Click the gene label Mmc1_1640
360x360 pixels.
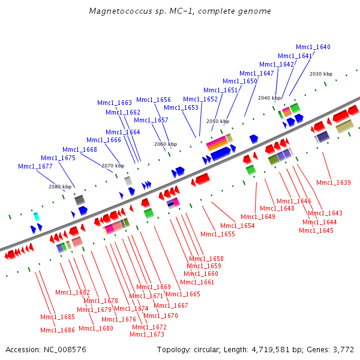point(313,47)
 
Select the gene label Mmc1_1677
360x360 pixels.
point(35,166)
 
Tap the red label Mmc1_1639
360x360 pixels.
point(333,182)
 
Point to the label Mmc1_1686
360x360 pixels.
point(58,330)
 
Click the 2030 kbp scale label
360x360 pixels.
point(321,74)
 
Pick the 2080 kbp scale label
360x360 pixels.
point(60,187)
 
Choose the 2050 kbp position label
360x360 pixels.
point(217,121)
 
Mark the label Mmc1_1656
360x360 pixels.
point(154,100)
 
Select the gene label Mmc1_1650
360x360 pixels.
point(239,81)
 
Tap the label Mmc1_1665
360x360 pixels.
point(183,294)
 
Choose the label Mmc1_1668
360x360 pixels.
point(80,149)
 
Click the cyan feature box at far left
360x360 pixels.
point(37,216)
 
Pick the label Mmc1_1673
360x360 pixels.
point(147,334)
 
